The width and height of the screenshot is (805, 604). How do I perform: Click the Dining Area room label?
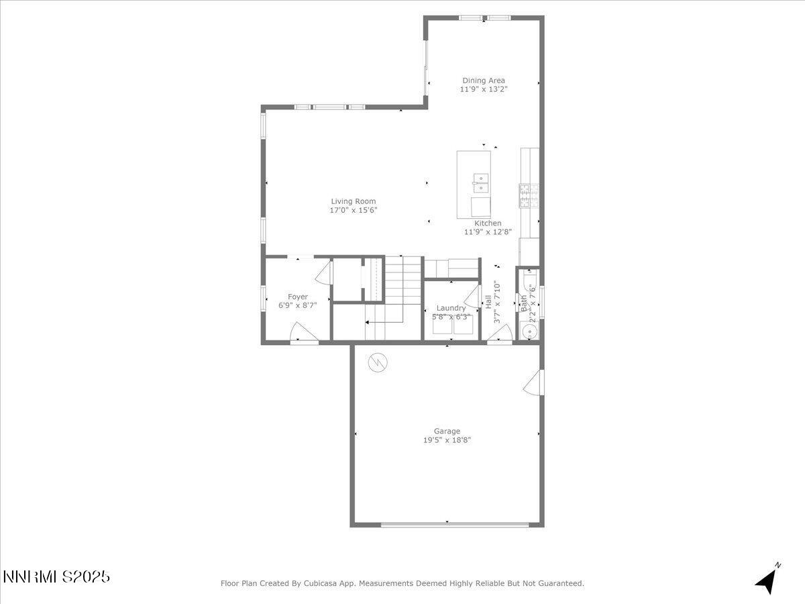tap(483, 81)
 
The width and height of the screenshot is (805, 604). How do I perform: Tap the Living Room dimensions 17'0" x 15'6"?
tap(354, 210)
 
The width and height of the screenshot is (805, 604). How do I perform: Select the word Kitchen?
tap(488, 223)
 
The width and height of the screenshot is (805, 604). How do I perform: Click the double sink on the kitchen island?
tap(480, 179)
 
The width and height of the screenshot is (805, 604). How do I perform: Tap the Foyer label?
tap(298, 297)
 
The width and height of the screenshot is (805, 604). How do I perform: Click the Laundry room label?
tap(451, 308)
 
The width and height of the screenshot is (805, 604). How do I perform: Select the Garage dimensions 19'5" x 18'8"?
tap(447, 440)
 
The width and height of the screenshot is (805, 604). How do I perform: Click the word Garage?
tap(447, 432)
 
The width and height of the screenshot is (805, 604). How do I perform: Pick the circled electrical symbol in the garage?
tap(378, 363)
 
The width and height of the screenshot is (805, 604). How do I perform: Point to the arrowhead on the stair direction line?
tap(368, 323)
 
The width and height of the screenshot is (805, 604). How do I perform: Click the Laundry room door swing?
tap(474, 297)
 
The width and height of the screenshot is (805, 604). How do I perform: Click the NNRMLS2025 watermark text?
tap(57, 576)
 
